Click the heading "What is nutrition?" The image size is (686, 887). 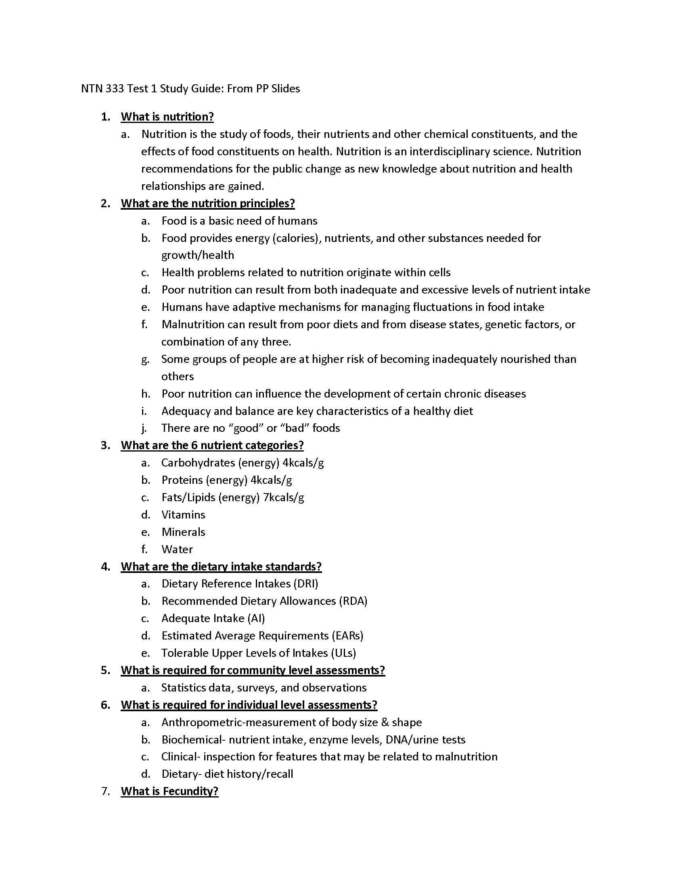167,117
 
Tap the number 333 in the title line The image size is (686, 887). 114,89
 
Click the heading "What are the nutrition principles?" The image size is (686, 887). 208,204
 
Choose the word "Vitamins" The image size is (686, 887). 183,515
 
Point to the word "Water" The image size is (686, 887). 177,550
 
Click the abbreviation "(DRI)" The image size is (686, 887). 305,584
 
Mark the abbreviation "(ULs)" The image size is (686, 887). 343,653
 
